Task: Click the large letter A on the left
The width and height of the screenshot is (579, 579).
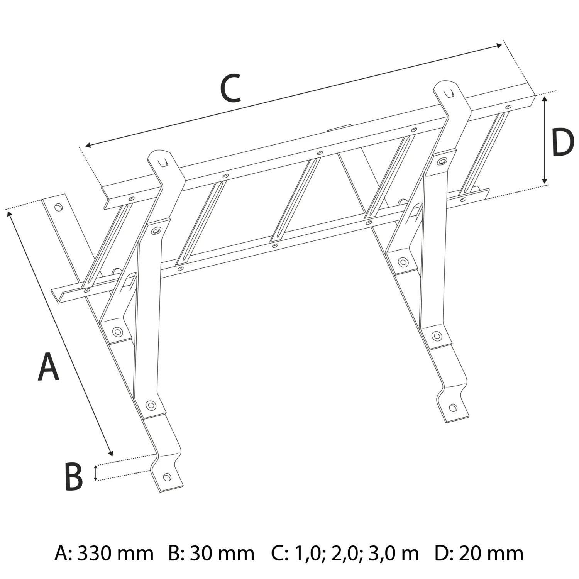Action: [x=49, y=366]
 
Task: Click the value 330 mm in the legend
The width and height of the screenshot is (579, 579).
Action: [x=115, y=553]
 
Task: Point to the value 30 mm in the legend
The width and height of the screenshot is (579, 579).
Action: [x=222, y=553]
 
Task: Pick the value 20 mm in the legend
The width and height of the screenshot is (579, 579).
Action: [x=491, y=553]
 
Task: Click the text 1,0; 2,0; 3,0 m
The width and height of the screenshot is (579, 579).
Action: [x=356, y=553]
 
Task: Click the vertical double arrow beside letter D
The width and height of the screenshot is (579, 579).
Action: [x=544, y=140]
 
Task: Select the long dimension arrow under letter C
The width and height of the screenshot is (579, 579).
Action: [x=293, y=95]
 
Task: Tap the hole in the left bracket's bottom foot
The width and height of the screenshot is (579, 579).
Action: [x=167, y=477]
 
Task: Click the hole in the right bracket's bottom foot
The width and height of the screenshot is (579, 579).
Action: [x=453, y=407]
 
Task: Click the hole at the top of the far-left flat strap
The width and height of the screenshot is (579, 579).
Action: [x=58, y=207]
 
